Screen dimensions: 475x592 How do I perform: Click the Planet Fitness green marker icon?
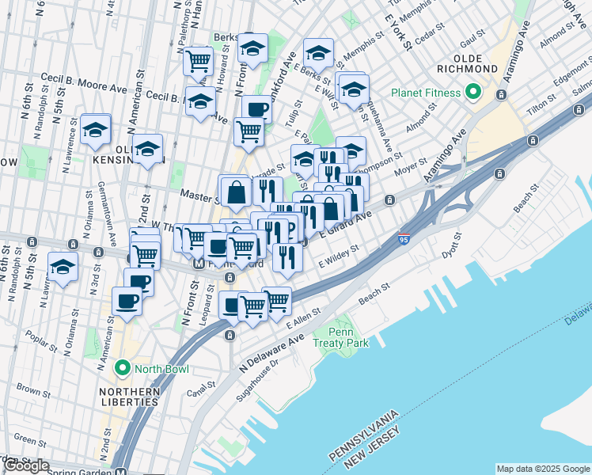point(473,93)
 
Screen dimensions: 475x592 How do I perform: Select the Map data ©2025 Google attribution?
point(542,469)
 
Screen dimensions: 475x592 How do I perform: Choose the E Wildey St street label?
point(339,256)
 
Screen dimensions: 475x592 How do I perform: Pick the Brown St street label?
point(33,391)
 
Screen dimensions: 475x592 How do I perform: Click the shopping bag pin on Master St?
point(237,192)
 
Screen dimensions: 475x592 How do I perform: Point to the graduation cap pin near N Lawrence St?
point(95,130)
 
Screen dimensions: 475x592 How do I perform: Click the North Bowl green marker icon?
point(122,367)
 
